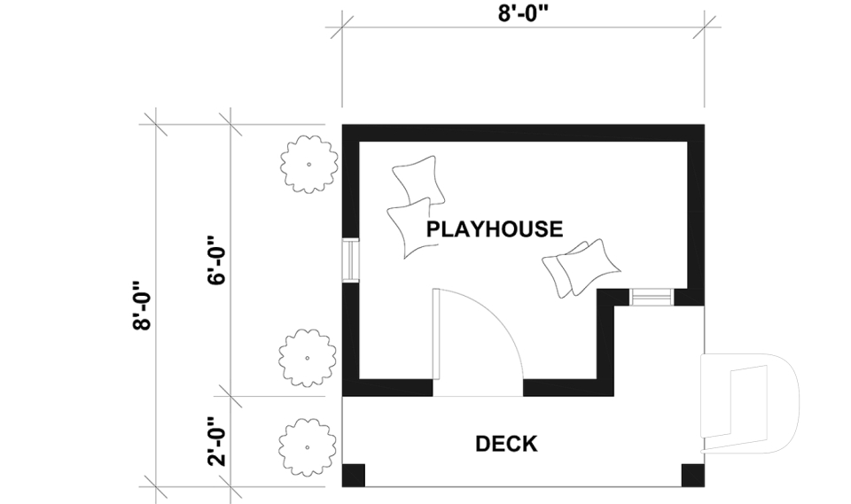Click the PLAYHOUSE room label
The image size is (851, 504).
(494, 229)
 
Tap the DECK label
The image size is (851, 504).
(506, 444)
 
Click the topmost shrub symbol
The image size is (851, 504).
(308, 164)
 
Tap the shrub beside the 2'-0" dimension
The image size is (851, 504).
(308, 443)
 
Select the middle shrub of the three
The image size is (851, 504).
(307, 356)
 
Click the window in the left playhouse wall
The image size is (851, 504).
(351, 261)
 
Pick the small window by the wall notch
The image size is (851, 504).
(651, 297)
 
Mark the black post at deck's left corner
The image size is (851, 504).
(353, 475)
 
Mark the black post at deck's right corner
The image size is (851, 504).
(692, 475)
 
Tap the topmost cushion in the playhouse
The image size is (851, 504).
(417, 179)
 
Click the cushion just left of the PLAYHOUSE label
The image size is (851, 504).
(409, 228)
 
